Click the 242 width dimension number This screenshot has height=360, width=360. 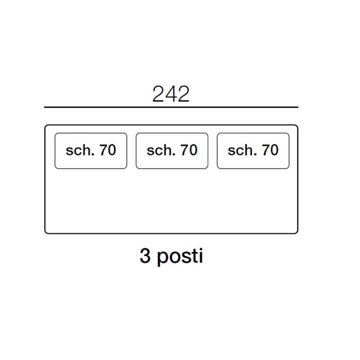tap(171, 94)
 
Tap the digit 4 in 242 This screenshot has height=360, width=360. tap(171, 94)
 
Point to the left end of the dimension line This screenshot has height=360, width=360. tap(45, 107)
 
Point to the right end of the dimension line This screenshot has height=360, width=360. tap(298, 107)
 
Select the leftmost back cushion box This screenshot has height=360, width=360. tap(91, 151)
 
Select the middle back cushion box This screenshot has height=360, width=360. tap(172, 151)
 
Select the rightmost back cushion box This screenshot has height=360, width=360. tap(253, 151)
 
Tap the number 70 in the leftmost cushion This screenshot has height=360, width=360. tap(108, 150)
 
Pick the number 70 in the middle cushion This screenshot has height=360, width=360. tap(189, 150)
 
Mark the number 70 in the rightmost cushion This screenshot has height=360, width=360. tap(270, 150)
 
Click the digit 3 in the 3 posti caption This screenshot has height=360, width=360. tap(145, 256)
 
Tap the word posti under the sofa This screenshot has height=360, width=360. tap(180, 257)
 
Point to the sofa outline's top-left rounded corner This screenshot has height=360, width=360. tap(46, 126)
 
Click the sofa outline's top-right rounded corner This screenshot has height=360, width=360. tap(297, 126)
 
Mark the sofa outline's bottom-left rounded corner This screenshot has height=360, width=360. tap(46, 232)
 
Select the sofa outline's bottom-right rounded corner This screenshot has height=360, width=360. tap(297, 232)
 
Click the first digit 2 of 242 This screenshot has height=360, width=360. tap(159, 94)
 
